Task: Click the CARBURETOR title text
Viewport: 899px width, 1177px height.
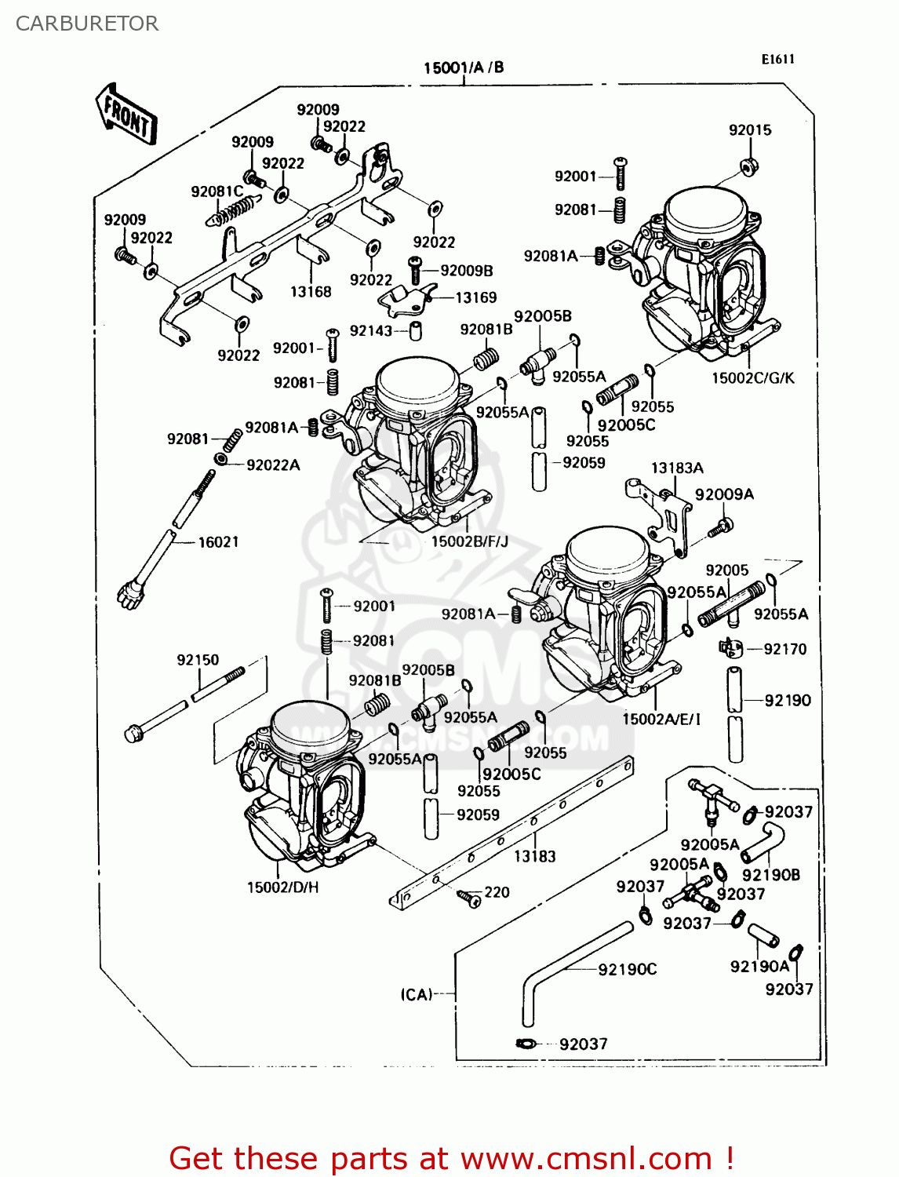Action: pyautogui.click(x=86, y=24)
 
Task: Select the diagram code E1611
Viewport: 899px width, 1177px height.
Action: pyautogui.click(x=777, y=59)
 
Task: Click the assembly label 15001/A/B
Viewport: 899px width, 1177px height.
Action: pyautogui.click(x=464, y=67)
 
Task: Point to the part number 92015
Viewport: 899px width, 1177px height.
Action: pyautogui.click(x=750, y=130)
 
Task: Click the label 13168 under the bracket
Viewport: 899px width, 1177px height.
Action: pyautogui.click(x=311, y=292)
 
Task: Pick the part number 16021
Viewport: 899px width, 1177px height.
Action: pyautogui.click(x=218, y=542)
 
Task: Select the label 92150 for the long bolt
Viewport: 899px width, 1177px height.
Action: pyautogui.click(x=198, y=660)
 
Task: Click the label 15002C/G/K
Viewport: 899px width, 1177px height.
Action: pyautogui.click(x=752, y=378)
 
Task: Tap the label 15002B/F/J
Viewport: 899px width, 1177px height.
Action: pyautogui.click(x=470, y=541)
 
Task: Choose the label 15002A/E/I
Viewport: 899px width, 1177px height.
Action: pyautogui.click(x=661, y=719)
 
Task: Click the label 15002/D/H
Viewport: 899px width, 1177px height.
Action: pyautogui.click(x=282, y=887)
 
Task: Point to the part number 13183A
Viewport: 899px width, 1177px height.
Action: pyautogui.click(x=677, y=468)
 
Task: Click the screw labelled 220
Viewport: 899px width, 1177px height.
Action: pyautogui.click(x=470, y=897)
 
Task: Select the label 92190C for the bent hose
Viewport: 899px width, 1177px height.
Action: pyautogui.click(x=627, y=970)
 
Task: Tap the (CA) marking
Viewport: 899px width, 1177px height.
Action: pyautogui.click(x=417, y=994)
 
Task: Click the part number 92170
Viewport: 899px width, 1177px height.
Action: pyautogui.click(x=784, y=649)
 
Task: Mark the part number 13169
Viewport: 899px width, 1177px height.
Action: pyautogui.click(x=475, y=297)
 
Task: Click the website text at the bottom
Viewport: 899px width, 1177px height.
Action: pyautogui.click(x=451, y=1158)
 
